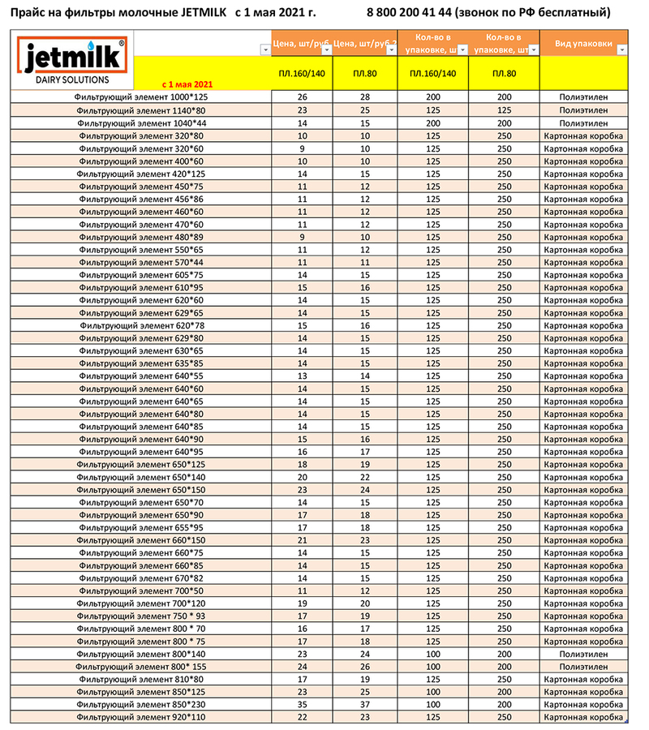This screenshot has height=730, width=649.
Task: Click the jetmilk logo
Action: pyautogui.click(x=71, y=58)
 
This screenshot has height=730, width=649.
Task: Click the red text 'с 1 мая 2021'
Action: pyautogui.click(x=187, y=84)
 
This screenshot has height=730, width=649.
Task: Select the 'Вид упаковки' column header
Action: pyautogui.click(x=583, y=43)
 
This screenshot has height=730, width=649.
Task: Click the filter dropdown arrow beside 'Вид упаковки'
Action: pyautogui.click(x=621, y=50)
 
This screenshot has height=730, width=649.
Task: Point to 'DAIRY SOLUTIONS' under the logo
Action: pyautogui.click(x=71, y=80)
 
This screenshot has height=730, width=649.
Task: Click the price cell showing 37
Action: pyautogui.click(x=365, y=705)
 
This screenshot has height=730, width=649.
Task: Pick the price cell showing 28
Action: pyautogui.click(x=365, y=97)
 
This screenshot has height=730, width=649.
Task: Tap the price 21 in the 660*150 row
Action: pyautogui.click(x=303, y=540)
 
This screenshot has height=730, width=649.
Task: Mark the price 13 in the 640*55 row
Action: pyautogui.click(x=303, y=376)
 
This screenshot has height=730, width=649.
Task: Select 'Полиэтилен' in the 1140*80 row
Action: pyautogui.click(x=583, y=110)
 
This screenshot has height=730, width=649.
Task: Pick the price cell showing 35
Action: pyautogui.click(x=303, y=705)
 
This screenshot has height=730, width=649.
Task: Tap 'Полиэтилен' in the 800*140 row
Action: pyautogui.click(x=583, y=654)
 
